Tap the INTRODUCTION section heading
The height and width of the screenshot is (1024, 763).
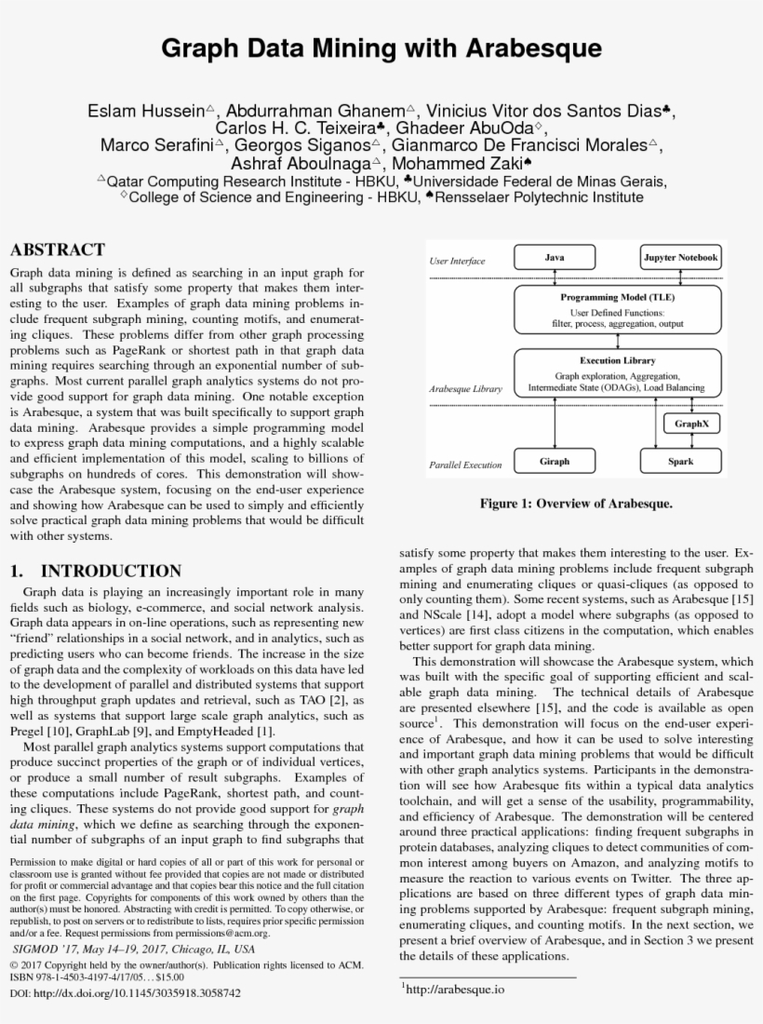tap(111, 571)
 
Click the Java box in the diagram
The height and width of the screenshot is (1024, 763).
tap(555, 257)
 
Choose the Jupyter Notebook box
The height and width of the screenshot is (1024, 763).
tap(681, 257)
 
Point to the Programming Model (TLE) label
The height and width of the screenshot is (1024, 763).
tap(618, 296)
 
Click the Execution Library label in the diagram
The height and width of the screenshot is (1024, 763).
tap(618, 360)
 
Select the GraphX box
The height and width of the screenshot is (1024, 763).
tap(691, 423)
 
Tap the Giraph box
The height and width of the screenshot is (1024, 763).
tap(555, 461)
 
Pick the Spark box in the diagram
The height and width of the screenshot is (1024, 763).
tap(681, 461)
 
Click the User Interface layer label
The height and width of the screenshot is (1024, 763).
tap(457, 262)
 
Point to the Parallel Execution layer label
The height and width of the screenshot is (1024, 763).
tap(465, 465)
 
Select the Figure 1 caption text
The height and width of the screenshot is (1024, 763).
tap(575, 504)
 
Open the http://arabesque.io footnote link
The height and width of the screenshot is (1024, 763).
tap(455, 989)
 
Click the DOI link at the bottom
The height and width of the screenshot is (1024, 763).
tap(125, 993)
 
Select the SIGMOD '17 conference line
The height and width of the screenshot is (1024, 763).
tap(132, 949)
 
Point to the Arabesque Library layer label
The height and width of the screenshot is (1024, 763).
tap(465, 389)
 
